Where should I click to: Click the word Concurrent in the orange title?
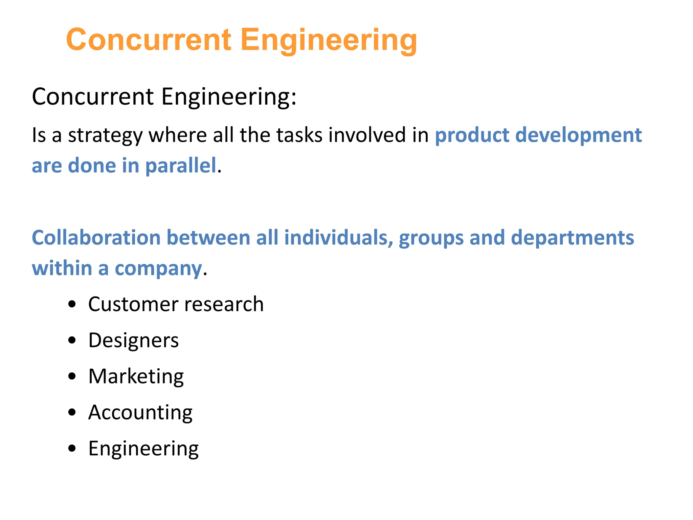(x=149, y=40)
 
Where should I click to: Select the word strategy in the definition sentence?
(x=105, y=135)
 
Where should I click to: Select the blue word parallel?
(x=181, y=166)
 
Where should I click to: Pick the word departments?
(x=572, y=238)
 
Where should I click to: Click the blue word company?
(x=158, y=269)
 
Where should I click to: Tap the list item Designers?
(x=133, y=340)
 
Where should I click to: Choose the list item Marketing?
(x=136, y=376)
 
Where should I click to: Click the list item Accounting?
(x=140, y=413)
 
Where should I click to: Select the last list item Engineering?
(x=143, y=449)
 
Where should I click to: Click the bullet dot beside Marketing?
(x=72, y=376)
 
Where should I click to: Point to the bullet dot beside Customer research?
(x=72, y=304)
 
